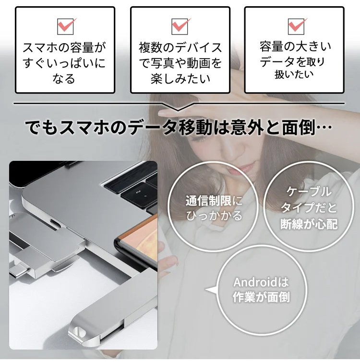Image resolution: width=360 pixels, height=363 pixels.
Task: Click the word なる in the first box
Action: [x=64, y=79]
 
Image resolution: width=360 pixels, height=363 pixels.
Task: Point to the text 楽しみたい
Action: [x=180, y=79]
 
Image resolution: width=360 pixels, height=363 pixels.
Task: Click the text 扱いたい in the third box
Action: [x=294, y=74]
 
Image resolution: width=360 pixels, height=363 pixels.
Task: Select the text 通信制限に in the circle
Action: [x=214, y=201]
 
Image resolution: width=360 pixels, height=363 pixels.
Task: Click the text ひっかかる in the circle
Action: [x=214, y=216]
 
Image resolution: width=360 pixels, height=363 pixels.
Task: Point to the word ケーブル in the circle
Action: [x=309, y=192]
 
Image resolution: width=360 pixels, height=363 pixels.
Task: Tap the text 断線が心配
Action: [x=309, y=224]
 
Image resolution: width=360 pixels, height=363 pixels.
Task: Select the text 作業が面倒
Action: [x=261, y=297]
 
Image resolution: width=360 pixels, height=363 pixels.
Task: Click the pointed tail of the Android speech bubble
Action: [x=206, y=290]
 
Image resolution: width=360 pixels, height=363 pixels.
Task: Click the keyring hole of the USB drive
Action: [x=79, y=331]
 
